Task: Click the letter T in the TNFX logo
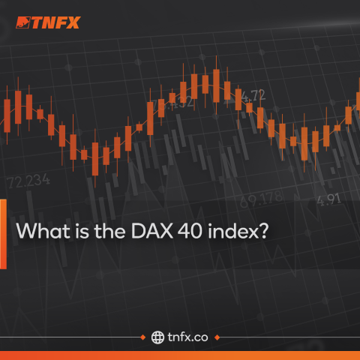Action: click(38, 22)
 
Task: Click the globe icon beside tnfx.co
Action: click(157, 337)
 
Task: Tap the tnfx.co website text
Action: click(189, 337)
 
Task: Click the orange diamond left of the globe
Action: click(142, 337)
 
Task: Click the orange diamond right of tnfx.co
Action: click(218, 337)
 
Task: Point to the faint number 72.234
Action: click(28, 180)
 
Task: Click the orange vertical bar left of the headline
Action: click(3, 232)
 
